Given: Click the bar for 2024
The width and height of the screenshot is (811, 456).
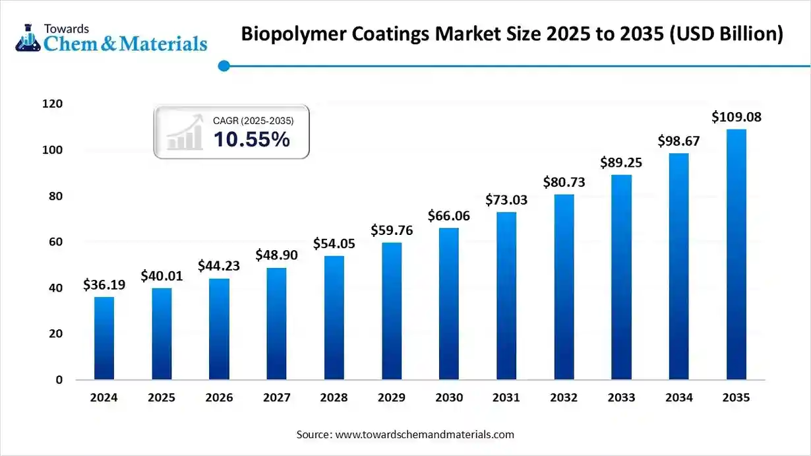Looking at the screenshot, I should tap(104, 338).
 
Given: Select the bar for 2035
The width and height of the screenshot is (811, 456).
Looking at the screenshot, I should tap(736, 254).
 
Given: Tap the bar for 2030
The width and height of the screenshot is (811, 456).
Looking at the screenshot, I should tap(448, 304).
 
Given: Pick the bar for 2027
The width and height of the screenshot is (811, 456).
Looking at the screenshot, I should tap(276, 323).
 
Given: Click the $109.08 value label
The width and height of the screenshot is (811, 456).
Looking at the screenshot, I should tap(736, 117).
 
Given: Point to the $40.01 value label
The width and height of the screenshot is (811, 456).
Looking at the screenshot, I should tap(162, 276).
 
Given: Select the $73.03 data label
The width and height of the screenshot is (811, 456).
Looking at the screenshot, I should tap(506, 200).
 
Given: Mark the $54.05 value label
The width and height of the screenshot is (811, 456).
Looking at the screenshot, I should tap(334, 244).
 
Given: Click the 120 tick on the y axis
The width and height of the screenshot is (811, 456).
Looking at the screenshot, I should tap(53, 104).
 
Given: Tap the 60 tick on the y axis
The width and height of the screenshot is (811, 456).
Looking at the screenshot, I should tap(56, 242).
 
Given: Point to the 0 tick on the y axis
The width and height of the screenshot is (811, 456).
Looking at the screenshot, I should tap(59, 380).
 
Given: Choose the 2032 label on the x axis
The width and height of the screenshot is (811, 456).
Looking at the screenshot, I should tap(564, 398).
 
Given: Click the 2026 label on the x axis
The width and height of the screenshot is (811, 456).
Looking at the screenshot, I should tap(219, 398).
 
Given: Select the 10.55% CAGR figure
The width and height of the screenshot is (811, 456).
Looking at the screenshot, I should tap(251, 139).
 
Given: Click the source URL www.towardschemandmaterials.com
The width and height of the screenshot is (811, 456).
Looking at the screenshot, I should tap(425, 435).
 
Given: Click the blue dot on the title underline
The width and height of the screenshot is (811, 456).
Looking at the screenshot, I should tap(224, 65).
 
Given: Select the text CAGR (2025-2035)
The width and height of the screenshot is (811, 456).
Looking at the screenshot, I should tap(253, 121).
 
